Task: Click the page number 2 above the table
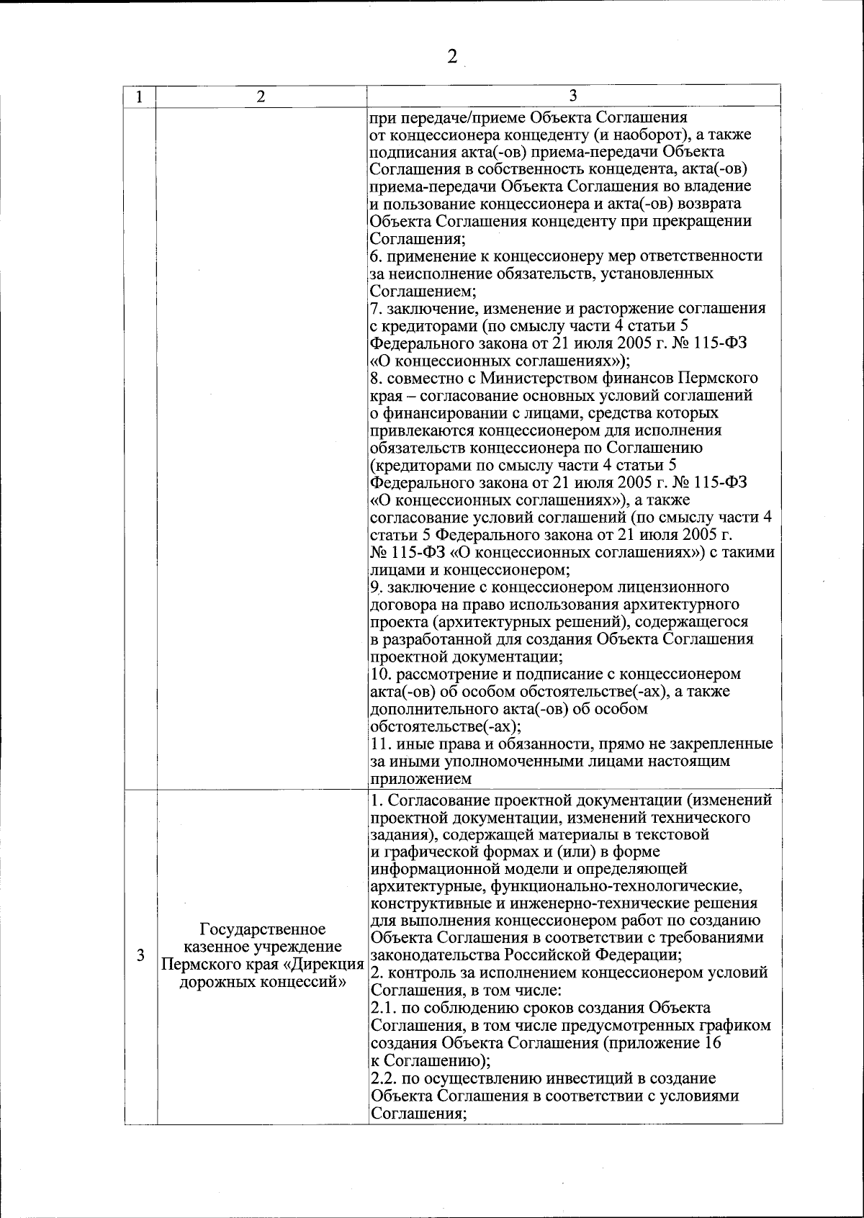(x=452, y=58)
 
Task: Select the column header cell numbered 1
(x=140, y=96)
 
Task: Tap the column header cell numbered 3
(x=573, y=96)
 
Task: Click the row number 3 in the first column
(x=140, y=956)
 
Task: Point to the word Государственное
(x=262, y=929)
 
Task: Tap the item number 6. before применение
(x=375, y=256)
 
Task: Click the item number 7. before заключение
(x=375, y=309)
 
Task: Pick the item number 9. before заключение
(x=375, y=587)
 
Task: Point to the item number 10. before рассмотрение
(x=380, y=675)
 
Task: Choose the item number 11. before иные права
(x=379, y=744)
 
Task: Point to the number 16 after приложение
(x=712, y=1043)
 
